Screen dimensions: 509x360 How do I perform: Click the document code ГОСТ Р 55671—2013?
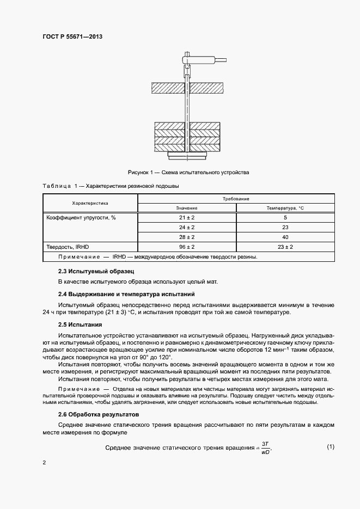tap(72, 36)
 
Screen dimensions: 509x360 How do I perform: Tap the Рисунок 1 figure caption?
tap(188, 172)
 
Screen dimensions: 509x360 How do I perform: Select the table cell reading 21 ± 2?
tap(187, 217)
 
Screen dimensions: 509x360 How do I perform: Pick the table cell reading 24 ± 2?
tap(187, 227)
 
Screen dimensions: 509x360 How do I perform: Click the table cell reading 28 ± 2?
tap(187, 237)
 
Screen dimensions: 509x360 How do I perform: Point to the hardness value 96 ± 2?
tap(187, 247)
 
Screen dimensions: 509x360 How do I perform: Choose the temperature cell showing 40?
tap(285, 237)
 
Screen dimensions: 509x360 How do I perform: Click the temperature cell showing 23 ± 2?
tap(285, 247)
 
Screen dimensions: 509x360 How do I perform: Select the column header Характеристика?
tap(90, 203)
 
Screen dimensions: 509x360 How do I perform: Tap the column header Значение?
tap(187, 208)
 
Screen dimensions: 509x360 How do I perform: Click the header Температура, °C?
tap(285, 208)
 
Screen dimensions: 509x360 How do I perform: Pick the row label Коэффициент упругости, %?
tap(81, 217)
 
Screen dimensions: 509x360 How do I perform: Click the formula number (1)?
tap(330, 447)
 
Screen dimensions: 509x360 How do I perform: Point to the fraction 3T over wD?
tap(266, 447)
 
